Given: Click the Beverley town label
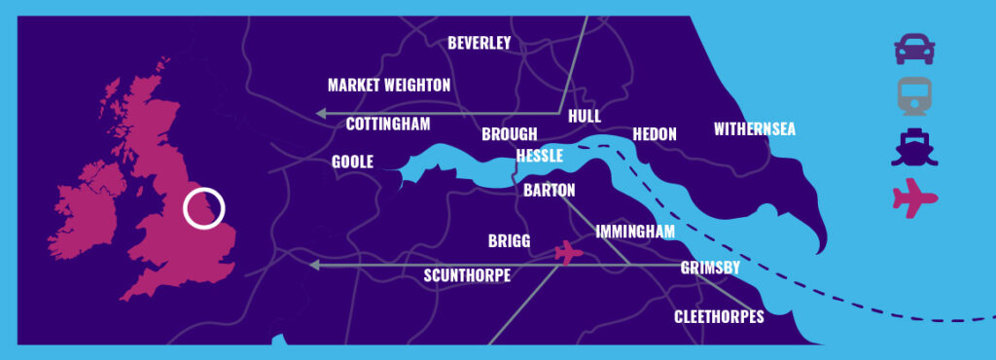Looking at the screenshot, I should [479, 43].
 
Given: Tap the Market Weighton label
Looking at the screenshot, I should [389, 86].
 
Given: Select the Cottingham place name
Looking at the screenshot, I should [388, 125].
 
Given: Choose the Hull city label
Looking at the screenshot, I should [585, 116].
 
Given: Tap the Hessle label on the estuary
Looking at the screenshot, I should [540, 156].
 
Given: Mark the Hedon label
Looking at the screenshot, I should [654, 134].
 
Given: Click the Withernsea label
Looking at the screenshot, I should [755, 129].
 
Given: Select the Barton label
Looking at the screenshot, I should [550, 191].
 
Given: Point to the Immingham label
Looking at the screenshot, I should [635, 232].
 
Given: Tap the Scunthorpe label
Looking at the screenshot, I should [467, 275].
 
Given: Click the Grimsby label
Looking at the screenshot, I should [710, 268].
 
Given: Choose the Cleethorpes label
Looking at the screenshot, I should [719, 317].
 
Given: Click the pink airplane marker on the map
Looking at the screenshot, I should [568, 253].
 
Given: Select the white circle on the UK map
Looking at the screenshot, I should [204, 208].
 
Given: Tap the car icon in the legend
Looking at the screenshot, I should [914, 49].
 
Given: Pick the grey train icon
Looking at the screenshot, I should [914, 96].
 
